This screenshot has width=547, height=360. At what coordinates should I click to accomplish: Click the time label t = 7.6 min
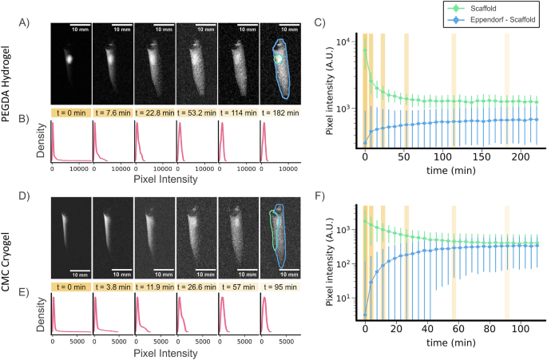point(113,113)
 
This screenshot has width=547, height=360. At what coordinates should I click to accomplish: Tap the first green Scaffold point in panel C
point(365,49)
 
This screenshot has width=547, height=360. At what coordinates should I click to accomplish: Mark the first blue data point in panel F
point(365,315)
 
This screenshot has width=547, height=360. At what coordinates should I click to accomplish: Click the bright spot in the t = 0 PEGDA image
point(69,58)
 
